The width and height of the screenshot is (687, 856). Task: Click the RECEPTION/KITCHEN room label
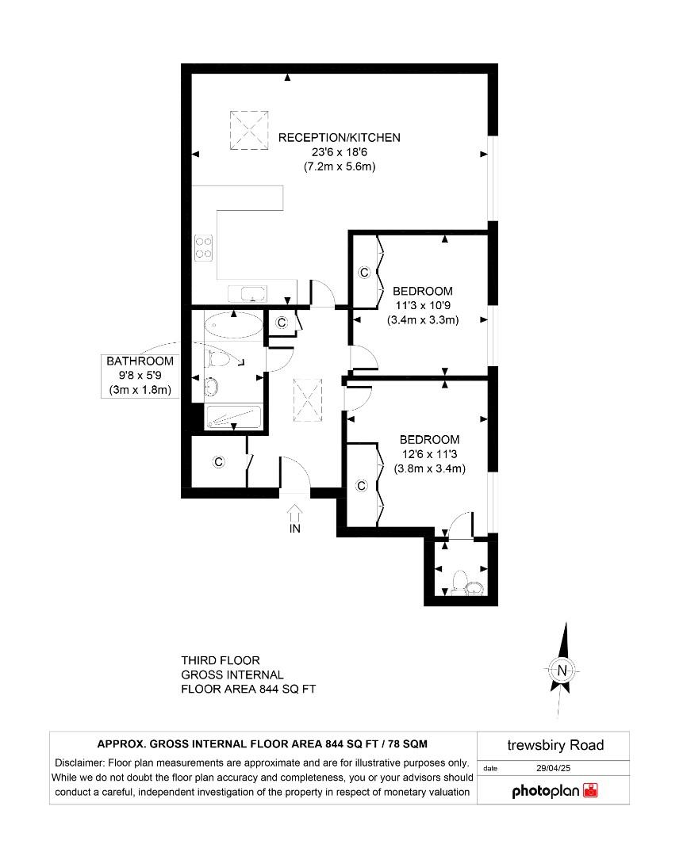pos(339,138)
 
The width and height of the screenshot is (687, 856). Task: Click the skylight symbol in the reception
pos(249,130)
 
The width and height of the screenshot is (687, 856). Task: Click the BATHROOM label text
pos(140,361)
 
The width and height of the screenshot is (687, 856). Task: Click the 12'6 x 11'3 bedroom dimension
pos(429,454)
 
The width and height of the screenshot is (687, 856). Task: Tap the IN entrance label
pos(294,529)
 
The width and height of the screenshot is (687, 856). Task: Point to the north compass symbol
pos(562,671)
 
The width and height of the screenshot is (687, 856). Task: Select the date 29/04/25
pos(553,768)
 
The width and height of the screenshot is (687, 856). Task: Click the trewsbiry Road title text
pos(555,745)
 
